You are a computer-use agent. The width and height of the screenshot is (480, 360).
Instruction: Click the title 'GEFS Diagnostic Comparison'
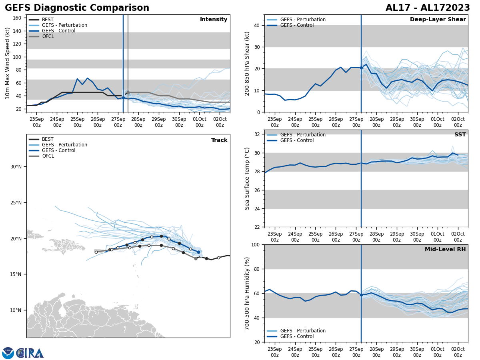(x=77, y=8)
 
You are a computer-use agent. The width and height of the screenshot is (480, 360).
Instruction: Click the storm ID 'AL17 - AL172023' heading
(x=428, y=8)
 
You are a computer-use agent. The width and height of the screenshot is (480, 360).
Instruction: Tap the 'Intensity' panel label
(x=214, y=20)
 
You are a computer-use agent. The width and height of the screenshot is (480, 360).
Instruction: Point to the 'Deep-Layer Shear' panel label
(x=438, y=20)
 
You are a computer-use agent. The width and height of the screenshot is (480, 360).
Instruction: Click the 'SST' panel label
(x=460, y=135)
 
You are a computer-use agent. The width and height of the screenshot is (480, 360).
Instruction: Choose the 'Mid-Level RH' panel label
(x=445, y=250)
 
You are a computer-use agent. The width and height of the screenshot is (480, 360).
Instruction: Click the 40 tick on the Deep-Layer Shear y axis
(x=256, y=26)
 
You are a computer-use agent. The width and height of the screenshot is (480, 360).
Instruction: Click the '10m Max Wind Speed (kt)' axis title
(x=8, y=63)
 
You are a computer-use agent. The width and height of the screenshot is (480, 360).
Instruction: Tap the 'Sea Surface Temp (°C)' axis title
(x=247, y=178)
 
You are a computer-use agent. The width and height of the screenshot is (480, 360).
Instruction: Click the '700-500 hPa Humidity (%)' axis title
(x=247, y=293)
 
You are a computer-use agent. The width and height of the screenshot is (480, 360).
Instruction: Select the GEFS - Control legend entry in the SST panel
(x=297, y=140)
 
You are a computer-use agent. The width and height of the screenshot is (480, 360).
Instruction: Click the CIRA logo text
(x=30, y=353)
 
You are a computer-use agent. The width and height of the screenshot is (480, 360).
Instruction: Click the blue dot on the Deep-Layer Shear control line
(x=361, y=68)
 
